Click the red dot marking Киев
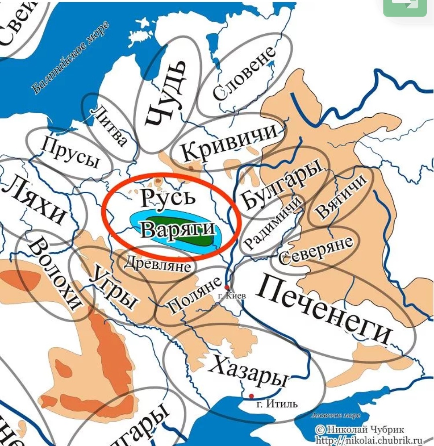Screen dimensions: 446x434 [227, 287]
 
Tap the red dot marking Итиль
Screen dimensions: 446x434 [252, 396]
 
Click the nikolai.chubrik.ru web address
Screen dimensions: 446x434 [370, 440]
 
